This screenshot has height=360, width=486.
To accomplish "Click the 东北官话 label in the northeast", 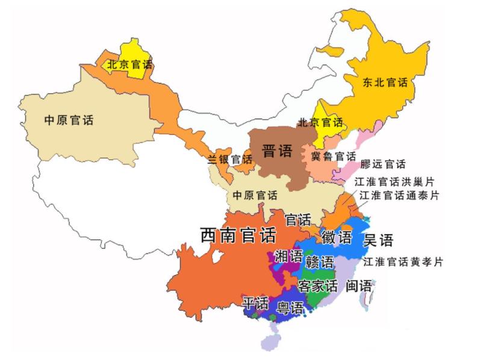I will point(385,82).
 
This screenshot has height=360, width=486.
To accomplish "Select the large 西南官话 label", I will point(238,235).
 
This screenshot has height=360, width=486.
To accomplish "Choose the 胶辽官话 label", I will point(383,164).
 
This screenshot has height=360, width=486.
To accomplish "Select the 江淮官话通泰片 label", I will point(399,196).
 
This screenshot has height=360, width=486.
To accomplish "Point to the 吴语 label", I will point(378,241).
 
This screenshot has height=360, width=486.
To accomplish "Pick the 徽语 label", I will point(337,237).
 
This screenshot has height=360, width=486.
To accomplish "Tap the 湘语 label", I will point(288,256).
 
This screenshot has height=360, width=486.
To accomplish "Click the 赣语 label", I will point(319,262).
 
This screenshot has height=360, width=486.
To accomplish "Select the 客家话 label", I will point(317,285).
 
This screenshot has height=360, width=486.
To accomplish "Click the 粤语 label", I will point(290,309).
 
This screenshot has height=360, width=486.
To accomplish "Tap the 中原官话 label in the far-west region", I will point(69,120).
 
